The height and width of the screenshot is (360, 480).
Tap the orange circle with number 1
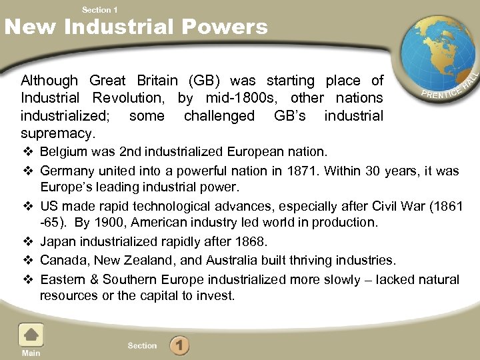(179, 346)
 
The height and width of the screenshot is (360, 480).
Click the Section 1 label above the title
(99, 9)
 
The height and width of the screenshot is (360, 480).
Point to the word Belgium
(63, 153)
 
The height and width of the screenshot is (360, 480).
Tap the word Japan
(57, 241)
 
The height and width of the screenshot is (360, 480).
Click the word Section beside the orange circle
(142, 346)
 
